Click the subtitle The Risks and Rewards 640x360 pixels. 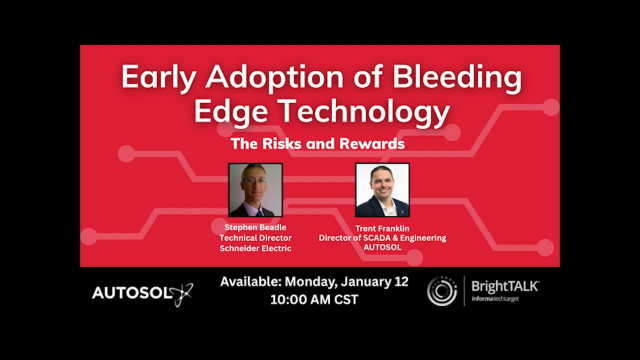click(317, 143)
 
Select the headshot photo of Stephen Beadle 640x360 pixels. click(255, 190)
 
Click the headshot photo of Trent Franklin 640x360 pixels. click(382, 190)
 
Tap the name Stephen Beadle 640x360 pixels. click(255, 227)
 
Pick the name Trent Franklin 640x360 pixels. click(382, 227)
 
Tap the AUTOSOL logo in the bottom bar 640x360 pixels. click(140, 293)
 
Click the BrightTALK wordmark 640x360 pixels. click(505, 286)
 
